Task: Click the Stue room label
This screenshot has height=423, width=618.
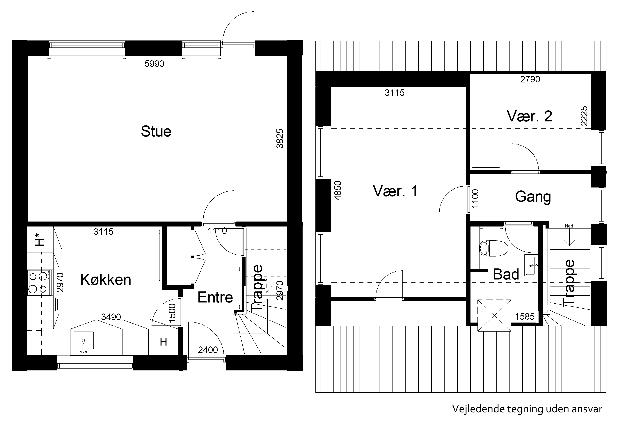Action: pos(156,131)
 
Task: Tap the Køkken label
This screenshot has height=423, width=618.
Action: pos(106,280)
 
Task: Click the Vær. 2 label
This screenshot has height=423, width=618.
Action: pos(530,116)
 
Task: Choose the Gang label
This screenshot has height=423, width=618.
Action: pos(533,197)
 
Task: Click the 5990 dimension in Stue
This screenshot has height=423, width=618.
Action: pos(154,64)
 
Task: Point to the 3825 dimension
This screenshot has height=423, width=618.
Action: pos(280,139)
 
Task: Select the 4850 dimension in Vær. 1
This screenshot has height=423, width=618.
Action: pos(338,190)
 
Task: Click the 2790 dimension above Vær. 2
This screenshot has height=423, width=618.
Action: pos(530,79)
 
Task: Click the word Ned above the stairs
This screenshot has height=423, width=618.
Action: pos(569,226)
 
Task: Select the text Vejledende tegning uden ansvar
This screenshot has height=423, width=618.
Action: pos(527,409)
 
